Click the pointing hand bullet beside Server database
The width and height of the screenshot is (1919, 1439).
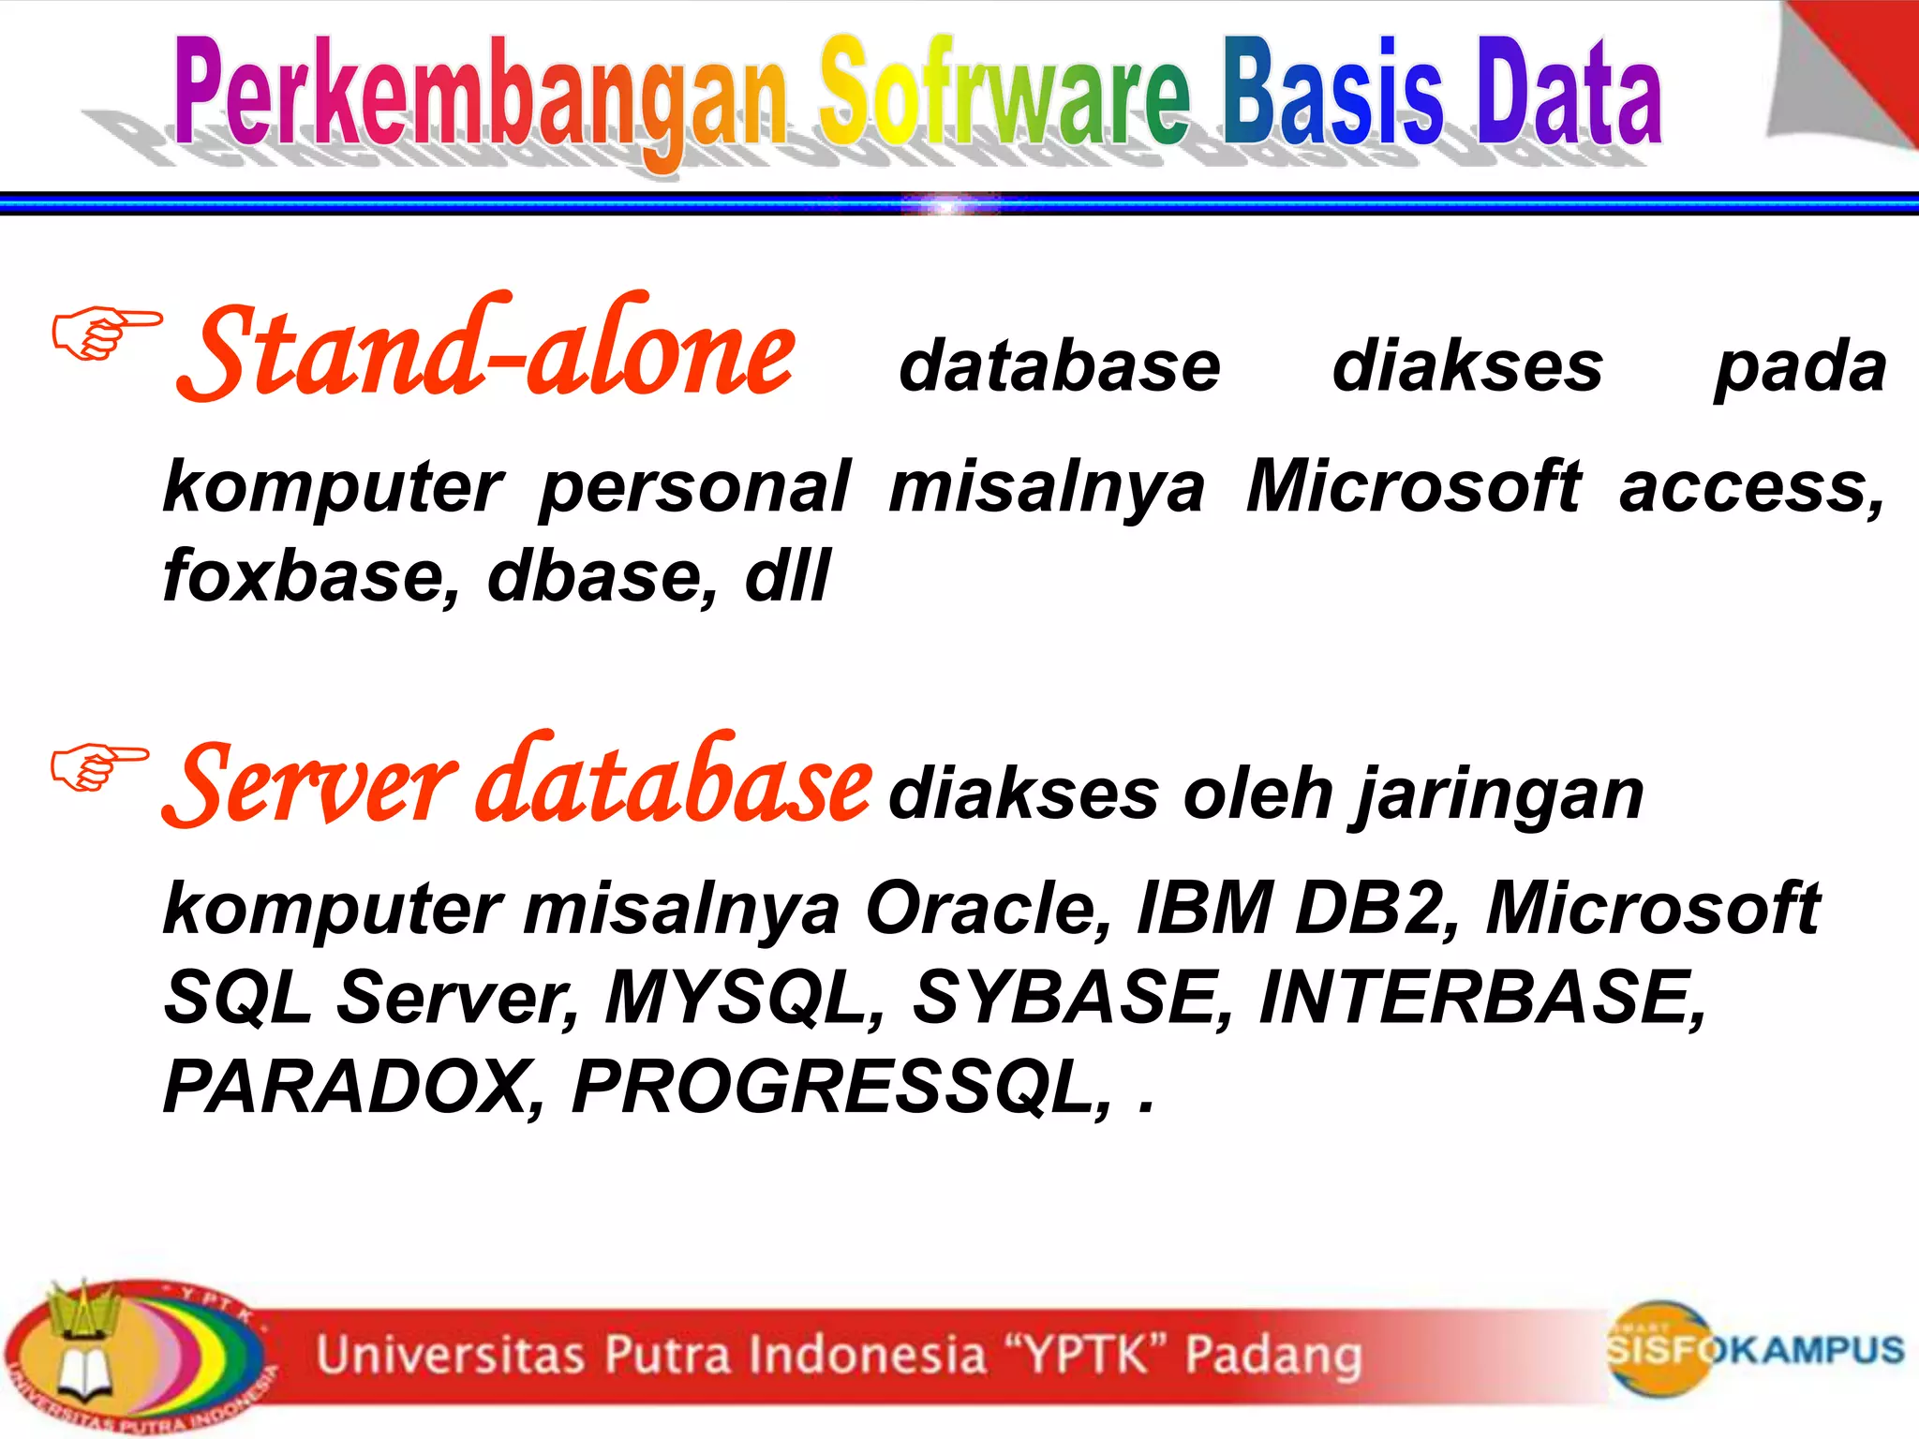coord(98,766)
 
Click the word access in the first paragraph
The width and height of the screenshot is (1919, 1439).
coord(1748,487)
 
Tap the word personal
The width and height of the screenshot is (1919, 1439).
coord(694,487)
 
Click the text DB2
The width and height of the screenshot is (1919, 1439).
coord(1374,907)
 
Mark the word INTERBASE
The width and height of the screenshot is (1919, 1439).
coord(1480,997)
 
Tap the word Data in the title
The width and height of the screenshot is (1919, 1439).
coord(1569,94)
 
